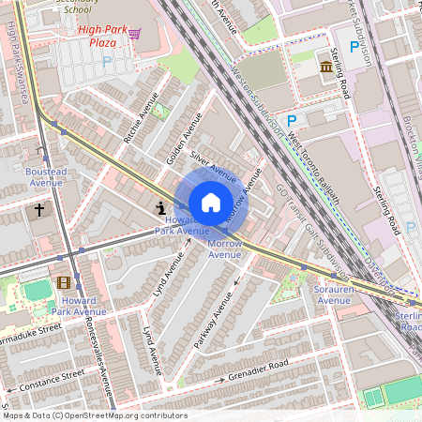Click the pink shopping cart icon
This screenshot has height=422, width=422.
(134, 34)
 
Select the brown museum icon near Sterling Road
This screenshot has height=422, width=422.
(325, 67)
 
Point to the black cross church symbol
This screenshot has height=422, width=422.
(39, 210)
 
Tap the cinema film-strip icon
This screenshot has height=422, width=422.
(63, 282)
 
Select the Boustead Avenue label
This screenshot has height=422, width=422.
(44, 176)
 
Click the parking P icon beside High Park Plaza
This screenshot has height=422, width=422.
(106, 61)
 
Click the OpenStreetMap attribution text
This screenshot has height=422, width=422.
(94, 415)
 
